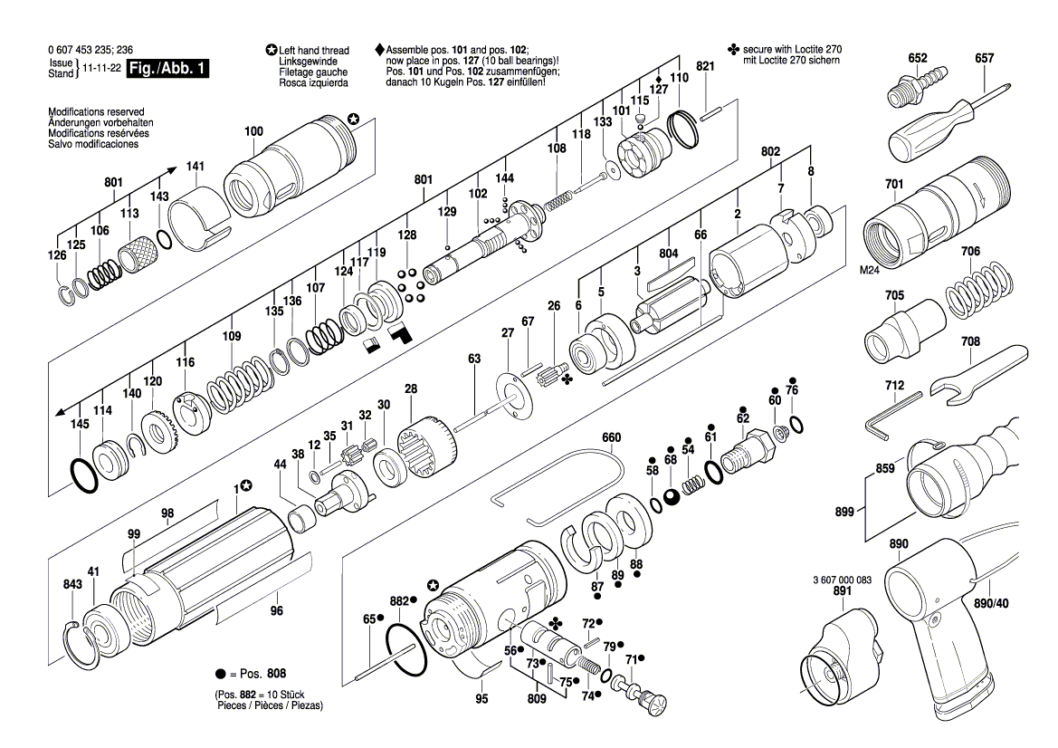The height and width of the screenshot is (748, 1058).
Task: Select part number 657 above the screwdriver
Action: click(x=984, y=59)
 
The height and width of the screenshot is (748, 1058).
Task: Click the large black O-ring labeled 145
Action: click(x=84, y=475)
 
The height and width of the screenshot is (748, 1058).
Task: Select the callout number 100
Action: click(x=253, y=132)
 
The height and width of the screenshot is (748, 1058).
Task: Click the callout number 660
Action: click(x=612, y=437)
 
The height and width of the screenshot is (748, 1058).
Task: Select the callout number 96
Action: click(x=277, y=609)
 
